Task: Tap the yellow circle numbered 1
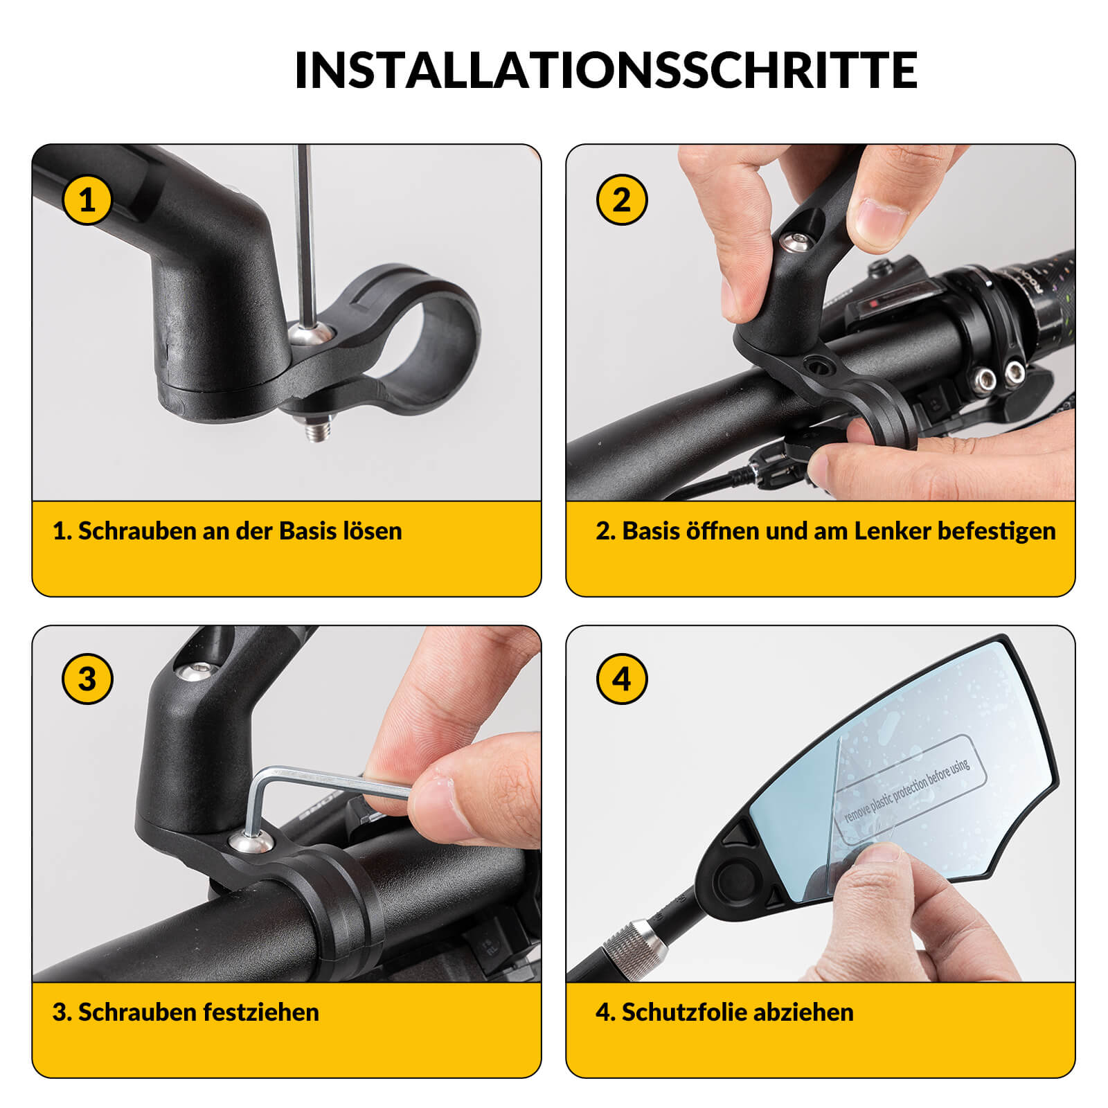coord(87,200)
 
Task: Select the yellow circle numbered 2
coord(621,200)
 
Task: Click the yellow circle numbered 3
coord(87,679)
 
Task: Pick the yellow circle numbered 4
coord(621,679)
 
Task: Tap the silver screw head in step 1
coord(310,334)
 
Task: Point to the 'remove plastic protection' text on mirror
coord(907,789)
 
